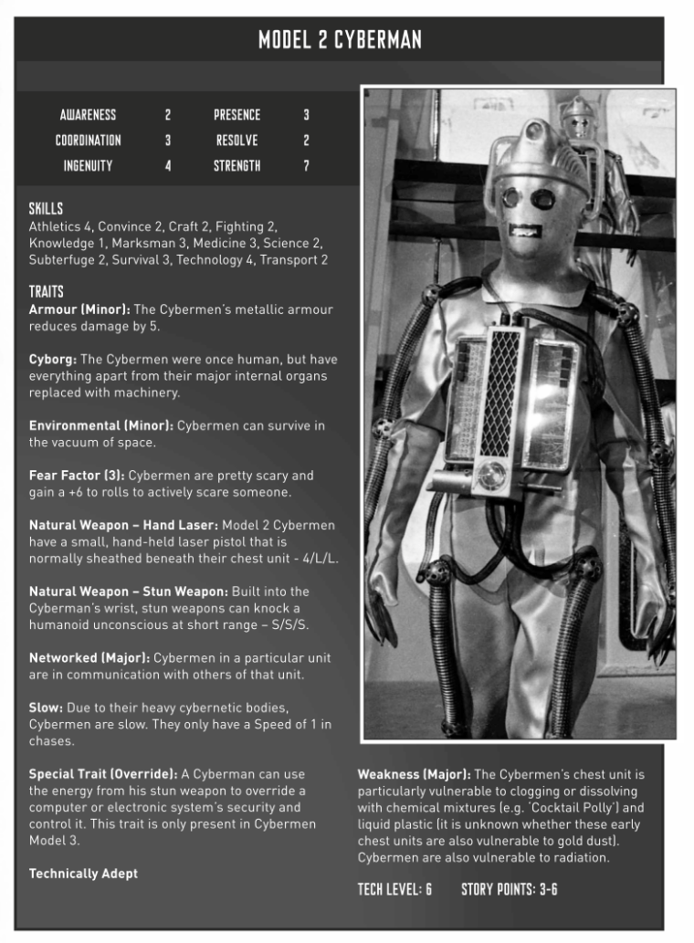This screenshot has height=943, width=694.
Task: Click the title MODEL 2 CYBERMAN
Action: coord(340,40)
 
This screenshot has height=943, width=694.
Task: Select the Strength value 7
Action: coord(306,166)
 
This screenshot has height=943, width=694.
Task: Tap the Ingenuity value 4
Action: coord(168,166)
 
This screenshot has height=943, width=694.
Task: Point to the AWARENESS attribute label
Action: coord(88,115)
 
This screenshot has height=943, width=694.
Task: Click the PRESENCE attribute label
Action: coord(237,115)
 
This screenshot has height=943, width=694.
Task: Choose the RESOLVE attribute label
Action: coord(237,141)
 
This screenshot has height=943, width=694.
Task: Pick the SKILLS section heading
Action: coord(46,209)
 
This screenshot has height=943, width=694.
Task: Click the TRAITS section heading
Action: coord(46,292)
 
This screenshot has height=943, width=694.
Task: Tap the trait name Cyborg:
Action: coord(53,359)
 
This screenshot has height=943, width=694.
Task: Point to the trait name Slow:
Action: coord(46,707)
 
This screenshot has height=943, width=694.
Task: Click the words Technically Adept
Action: coord(83,874)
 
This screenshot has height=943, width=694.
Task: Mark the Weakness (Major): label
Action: coord(414,774)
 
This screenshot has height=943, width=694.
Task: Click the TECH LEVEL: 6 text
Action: coord(394,888)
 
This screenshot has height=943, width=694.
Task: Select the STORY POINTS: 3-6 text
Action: coord(509,888)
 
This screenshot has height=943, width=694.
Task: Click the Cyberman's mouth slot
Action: coord(522,229)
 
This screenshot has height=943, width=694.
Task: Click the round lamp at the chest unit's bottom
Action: coord(494,475)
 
